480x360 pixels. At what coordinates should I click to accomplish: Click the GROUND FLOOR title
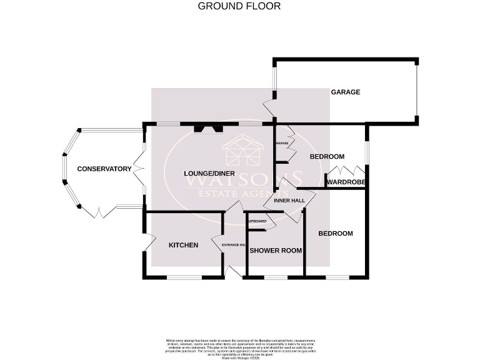coord(239,6)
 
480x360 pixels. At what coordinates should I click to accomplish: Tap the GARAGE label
coord(346,92)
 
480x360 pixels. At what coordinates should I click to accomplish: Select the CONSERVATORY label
coord(104,169)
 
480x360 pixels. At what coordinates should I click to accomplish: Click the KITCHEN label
coord(183,245)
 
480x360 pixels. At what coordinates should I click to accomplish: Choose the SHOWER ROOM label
coord(276,251)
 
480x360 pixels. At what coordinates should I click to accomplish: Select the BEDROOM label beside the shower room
coord(336,234)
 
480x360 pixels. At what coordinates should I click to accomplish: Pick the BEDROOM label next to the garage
coord(327,156)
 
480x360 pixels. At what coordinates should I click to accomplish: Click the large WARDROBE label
coord(345,182)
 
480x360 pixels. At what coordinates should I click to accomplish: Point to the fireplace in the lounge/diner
coord(208,129)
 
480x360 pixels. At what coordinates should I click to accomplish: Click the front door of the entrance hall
coord(235,272)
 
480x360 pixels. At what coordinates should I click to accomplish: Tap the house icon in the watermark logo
coord(240,152)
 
